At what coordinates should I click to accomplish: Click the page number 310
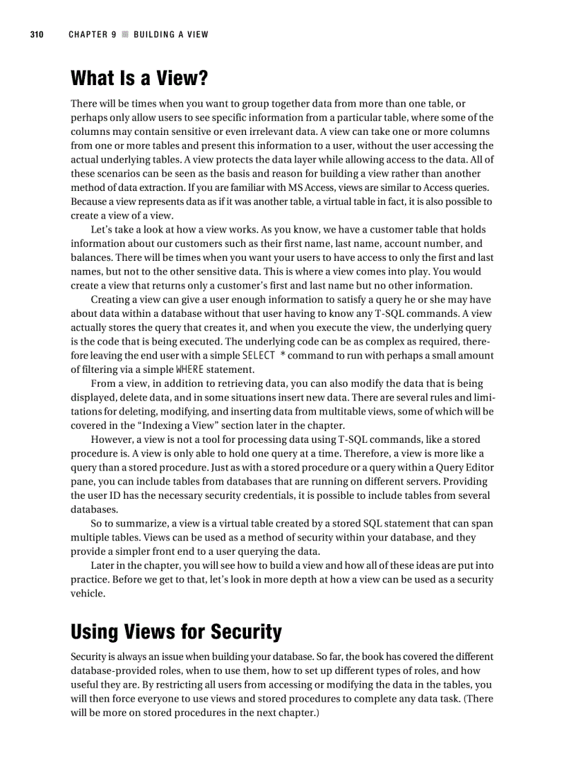36,35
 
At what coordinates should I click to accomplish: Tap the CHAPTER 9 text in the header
92,35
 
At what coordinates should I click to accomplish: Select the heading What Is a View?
139,78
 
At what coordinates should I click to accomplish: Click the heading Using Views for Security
176,632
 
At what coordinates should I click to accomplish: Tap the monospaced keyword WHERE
190,369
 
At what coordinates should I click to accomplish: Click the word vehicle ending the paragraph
88,593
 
